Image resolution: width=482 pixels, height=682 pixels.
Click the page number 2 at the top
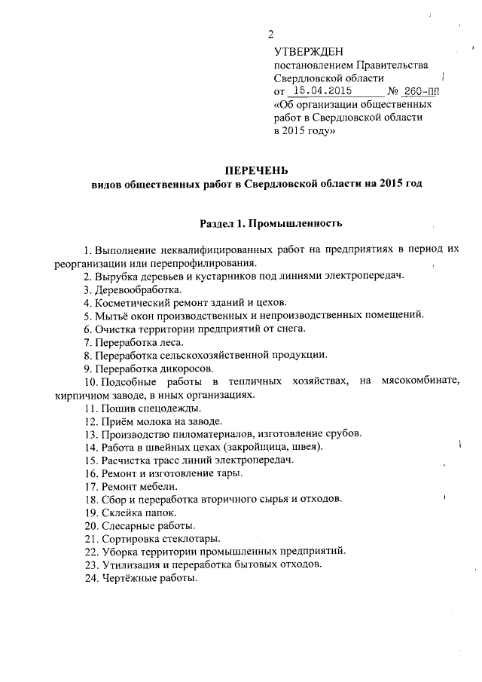(x=271, y=34)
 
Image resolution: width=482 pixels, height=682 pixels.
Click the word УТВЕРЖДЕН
(x=308, y=51)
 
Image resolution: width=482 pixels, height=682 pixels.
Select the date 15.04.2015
(x=326, y=91)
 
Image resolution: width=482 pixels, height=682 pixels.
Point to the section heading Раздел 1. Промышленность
(x=271, y=223)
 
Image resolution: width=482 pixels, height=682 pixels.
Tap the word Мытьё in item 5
(x=111, y=315)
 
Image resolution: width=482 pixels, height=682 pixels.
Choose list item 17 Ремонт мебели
(x=131, y=486)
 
